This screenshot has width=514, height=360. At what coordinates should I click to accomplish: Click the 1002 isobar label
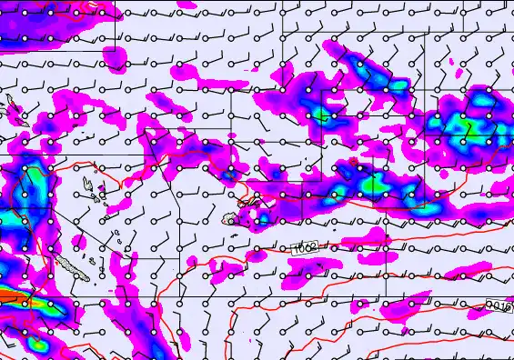[x=305, y=248]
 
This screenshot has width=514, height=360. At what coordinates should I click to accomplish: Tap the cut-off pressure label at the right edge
[x=500, y=307]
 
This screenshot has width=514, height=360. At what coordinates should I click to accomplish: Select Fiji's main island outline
[x=233, y=216]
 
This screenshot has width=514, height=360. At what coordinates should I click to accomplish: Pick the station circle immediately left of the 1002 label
[x=283, y=248]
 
